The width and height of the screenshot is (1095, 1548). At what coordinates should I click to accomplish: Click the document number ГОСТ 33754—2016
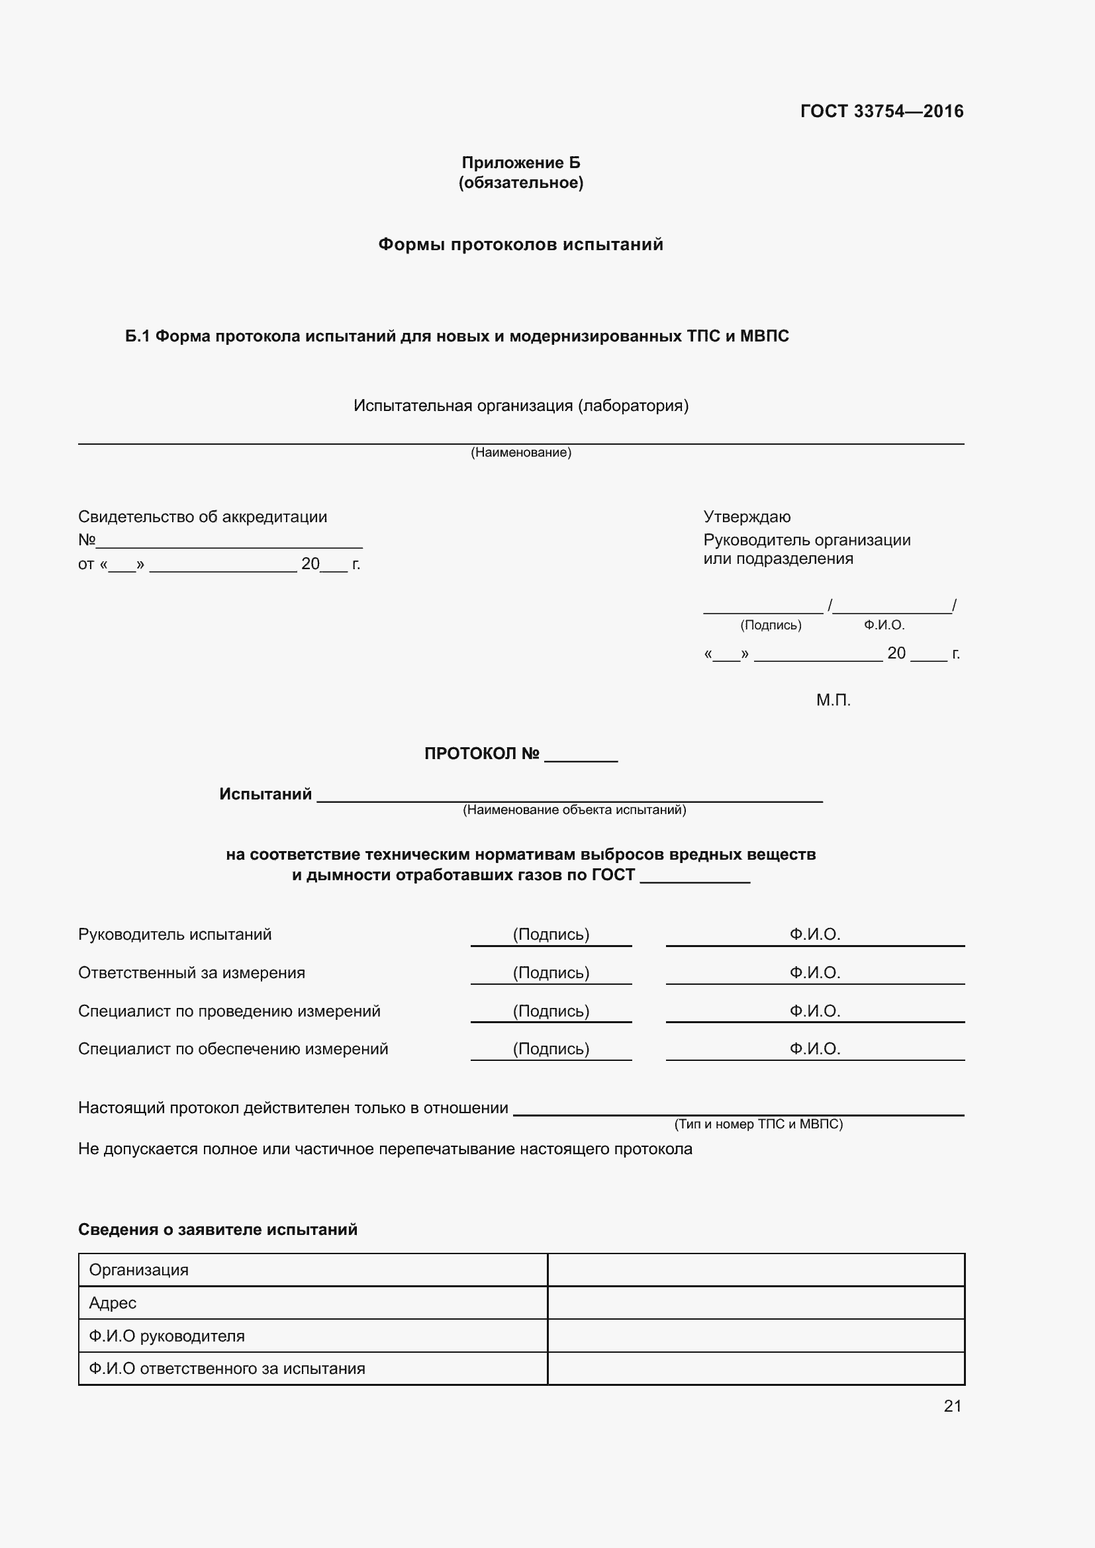pyautogui.click(x=881, y=111)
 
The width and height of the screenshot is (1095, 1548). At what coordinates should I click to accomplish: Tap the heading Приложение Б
pyautogui.click(x=520, y=163)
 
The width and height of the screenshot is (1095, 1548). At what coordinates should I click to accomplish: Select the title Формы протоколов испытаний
pyautogui.click(x=520, y=244)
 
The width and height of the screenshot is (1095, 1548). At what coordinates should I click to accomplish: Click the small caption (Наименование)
pyautogui.click(x=520, y=453)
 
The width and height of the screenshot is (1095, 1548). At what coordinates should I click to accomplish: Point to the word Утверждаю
pyautogui.click(x=746, y=517)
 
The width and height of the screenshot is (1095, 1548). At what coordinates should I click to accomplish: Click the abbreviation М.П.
pyautogui.click(x=833, y=700)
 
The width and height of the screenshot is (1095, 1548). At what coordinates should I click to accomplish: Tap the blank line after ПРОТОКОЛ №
pyautogui.click(x=581, y=755)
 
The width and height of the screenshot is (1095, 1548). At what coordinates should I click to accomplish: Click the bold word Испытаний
pyautogui.click(x=265, y=794)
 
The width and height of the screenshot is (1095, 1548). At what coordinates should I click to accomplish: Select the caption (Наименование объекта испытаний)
pyautogui.click(x=574, y=809)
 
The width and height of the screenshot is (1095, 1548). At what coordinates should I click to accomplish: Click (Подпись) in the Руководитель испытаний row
pyautogui.click(x=551, y=934)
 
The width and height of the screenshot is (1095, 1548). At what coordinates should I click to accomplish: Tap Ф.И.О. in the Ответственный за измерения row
pyautogui.click(x=814, y=973)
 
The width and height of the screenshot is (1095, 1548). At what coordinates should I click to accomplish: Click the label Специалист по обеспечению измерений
pyautogui.click(x=232, y=1049)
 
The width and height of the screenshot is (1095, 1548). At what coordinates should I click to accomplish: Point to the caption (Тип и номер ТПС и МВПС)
pyautogui.click(x=758, y=1124)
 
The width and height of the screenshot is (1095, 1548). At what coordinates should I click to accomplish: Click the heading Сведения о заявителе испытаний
pyautogui.click(x=218, y=1230)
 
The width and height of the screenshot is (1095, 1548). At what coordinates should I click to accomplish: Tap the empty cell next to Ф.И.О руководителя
pyautogui.click(x=755, y=1336)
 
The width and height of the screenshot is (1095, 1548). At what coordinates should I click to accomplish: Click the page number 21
pyautogui.click(x=952, y=1406)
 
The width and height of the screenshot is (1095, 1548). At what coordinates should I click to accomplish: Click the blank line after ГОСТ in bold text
pyautogui.click(x=694, y=876)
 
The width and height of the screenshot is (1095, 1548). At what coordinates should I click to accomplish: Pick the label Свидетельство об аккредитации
pyautogui.click(x=203, y=517)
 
